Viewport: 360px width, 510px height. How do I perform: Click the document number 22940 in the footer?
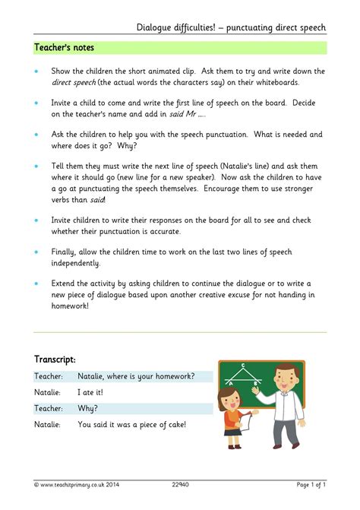pyautogui.click(x=180, y=484)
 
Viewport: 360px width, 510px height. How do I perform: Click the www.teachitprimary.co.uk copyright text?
pyautogui.click(x=76, y=484)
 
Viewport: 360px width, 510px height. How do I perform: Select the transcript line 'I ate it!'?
pyautogui.click(x=90, y=392)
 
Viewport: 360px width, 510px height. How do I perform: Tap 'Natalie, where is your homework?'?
pyautogui.click(x=136, y=376)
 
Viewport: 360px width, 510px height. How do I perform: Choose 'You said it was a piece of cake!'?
pyautogui.click(x=131, y=425)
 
